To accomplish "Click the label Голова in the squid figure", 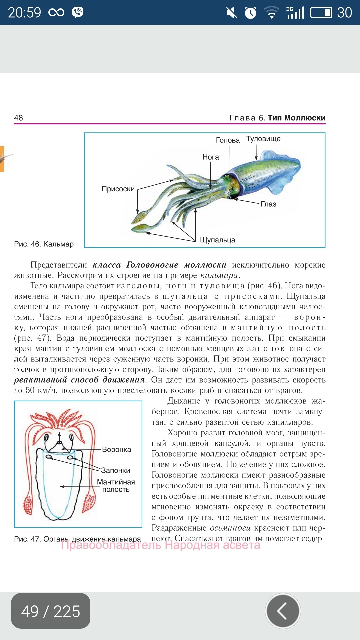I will pos(228,140).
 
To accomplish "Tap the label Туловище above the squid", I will pos(263,139).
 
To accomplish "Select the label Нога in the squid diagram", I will pos(211,157).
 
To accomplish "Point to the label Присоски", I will pos(118,189).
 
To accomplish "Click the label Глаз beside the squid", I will pos(268,204).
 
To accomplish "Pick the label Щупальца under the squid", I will pos(217,240).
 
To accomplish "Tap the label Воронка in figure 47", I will pos(116,450).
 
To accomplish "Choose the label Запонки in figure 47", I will pos(115,470).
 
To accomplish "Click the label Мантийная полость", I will pos(116,486).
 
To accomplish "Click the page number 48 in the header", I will pos(19,118).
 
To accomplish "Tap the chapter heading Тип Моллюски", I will pos(296,118).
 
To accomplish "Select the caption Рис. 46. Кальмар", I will pos(44,244).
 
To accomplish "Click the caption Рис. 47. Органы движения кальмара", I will pos(77,539).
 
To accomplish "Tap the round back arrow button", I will pos(283,611).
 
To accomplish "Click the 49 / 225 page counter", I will pos(51,611).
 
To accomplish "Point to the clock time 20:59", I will pos(24,13).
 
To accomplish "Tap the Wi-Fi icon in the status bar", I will pos(271,13).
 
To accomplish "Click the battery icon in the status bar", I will pos(321,13).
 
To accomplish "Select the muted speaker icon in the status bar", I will pos(231,13).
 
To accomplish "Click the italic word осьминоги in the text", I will pos(230,528).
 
